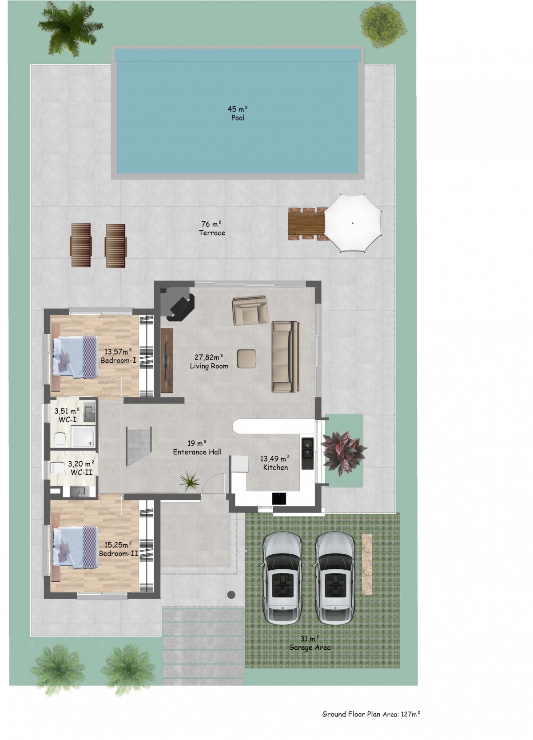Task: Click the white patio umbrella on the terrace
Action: coord(352,223)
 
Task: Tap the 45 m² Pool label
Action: coord(238,113)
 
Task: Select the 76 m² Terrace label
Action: coord(212,228)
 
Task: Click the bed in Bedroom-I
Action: coord(76,357)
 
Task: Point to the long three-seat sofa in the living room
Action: coord(285,357)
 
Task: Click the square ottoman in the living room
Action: coord(246,358)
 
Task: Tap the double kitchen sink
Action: coord(307,453)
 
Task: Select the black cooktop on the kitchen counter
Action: coord(279,498)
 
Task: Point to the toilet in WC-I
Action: coord(60,440)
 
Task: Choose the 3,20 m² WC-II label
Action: coord(82,468)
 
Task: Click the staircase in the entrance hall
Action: coord(139,446)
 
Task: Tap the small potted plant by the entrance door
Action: coord(190,481)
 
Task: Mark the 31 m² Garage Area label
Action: coord(310,643)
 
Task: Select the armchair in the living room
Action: coord(250,310)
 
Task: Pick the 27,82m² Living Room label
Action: coord(209,361)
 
